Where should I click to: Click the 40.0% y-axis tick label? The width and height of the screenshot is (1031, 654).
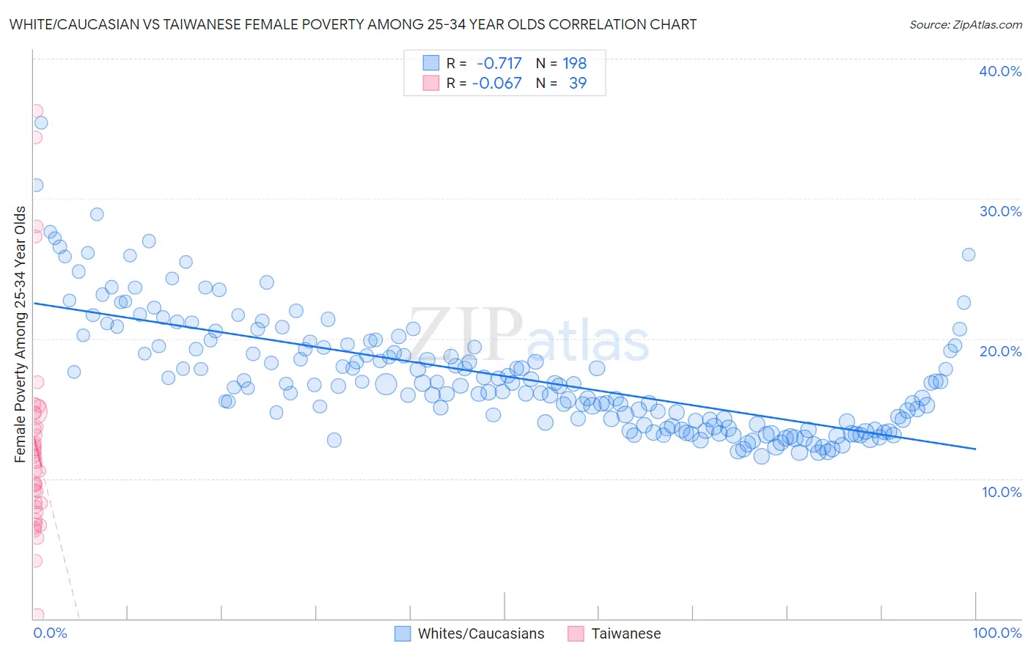pyautogui.click(x=1000, y=71)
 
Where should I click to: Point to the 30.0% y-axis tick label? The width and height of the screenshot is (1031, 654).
pyautogui.click(x=1000, y=211)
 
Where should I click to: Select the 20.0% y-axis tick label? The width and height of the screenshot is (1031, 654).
pyautogui.click(x=1000, y=351)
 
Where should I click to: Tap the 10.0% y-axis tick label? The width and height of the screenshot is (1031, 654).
pyautogui.click(x=1002, y=492)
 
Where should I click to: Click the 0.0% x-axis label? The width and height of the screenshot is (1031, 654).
pyautogui.click(x=50, y=633)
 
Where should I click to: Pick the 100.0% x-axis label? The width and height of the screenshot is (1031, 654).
pyautogui.click(x=997, y=633)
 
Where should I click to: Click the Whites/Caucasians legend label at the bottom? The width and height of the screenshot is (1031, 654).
pyautogui.click(x=481, y=633)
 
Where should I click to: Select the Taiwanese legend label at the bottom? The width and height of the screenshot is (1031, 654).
pyautogui.click(x=625, y=633)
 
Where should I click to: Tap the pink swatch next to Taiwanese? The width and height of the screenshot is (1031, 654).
pyautogui.click(x=576, y=633)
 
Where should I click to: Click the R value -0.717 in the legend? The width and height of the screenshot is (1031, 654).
pyautogui.click(x=499, y=63)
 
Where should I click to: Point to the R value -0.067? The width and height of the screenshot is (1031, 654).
pyautogui.click(x=496, y=83)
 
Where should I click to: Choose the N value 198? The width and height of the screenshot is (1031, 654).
pyautogui.click(x=574, y=63)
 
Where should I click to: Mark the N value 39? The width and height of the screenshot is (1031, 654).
pyautogui.click(x=578, y=83)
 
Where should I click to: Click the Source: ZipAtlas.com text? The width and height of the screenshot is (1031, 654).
pyautogui.click(x=965, y=24)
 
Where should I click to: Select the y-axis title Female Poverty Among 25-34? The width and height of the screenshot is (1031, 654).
pyautogui.click(x=20, y=334)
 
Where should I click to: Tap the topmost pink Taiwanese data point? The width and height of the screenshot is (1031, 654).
pyautogui.click(x=36, y=111)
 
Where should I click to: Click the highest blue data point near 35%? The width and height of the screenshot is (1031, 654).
pyautogui.click(x=41, y=123)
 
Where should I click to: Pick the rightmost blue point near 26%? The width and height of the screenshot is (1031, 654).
pyautogui.click(x=968, y=254)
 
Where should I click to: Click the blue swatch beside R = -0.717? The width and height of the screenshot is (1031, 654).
pyautogui.click(x=430, y=63)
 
